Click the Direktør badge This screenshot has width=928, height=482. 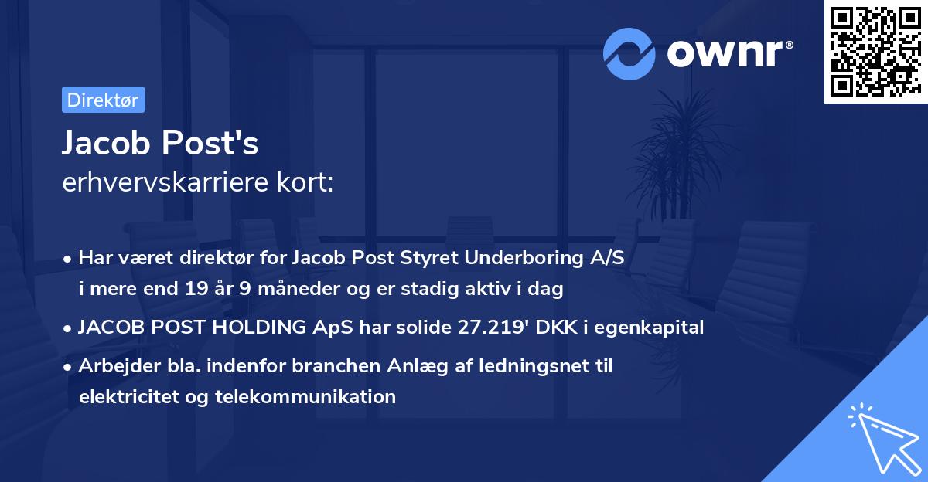coord(103,100)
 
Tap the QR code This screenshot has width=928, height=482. coord(875,51)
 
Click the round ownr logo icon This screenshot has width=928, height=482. coord(629,53)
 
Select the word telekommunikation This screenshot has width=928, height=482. coord(307,397)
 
